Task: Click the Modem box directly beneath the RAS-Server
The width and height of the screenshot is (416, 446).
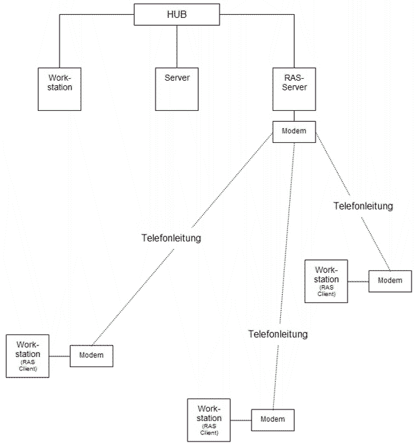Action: tap(294, 131)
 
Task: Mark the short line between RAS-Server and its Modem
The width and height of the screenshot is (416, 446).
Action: tap(294, 115)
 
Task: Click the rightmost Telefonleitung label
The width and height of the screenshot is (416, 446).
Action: tap(363, 206)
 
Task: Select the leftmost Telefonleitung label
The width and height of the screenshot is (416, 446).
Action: tap(171, 238)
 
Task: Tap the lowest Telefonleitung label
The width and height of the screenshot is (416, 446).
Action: tap(278, 334)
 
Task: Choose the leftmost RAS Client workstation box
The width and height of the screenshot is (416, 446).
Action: tap(28, 356)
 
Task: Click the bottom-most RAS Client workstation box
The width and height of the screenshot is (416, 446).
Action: tap(209, 420)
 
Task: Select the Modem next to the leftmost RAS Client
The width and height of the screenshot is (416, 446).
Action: tap(91, 356)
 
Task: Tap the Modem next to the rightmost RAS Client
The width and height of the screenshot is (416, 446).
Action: tap(390, 281)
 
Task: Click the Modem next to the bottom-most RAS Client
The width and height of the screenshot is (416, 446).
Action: tap(273, 420)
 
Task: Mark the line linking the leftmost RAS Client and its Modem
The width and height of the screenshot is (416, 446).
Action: tap(60, 356)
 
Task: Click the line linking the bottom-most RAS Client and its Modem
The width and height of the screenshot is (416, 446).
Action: tap(241, 420)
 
